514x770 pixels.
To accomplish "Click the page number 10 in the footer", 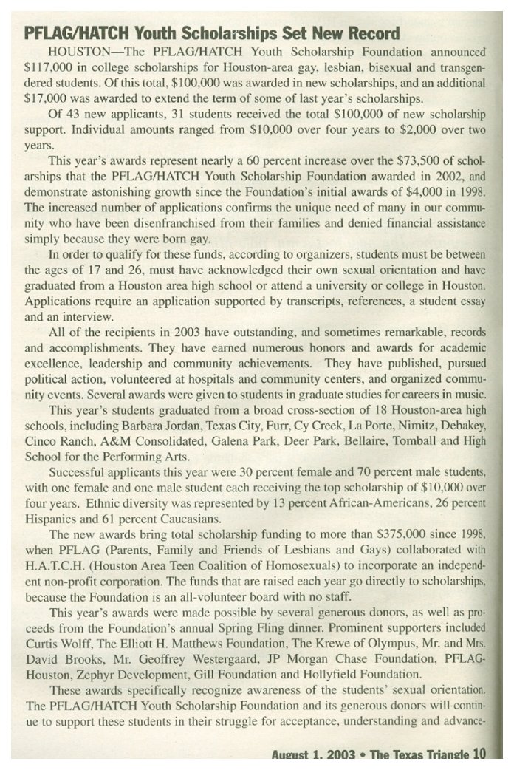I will tap(481, 754).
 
